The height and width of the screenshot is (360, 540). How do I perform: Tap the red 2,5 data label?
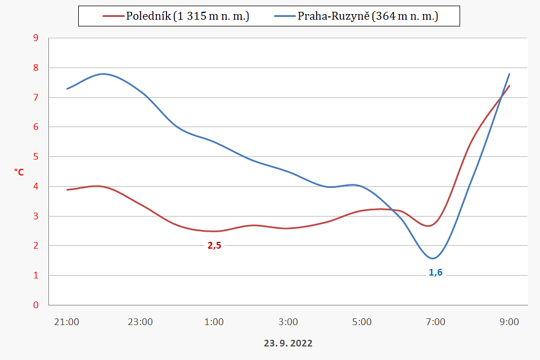click(214, 245)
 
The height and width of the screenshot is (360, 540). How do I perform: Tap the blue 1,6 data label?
click(435, 272)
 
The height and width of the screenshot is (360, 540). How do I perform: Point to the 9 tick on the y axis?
click(36, 38)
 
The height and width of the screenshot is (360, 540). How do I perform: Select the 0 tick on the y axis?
click(36, 305)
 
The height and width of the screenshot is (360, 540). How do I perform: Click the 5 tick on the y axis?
click(36, 157)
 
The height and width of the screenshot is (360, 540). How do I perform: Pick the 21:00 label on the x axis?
click(66, 322)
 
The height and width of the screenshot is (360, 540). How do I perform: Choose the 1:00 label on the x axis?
click(214, 322)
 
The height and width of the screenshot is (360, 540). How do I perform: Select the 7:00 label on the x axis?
click(435, 322)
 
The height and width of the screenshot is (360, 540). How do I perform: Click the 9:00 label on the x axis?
click(509, 322)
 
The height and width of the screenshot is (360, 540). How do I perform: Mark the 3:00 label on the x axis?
click(288, 322)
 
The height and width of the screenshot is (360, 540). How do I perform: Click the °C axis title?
click(19, 172)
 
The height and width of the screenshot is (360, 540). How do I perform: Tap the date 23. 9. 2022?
click(288, 343)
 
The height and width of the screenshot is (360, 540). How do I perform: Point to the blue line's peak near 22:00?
click(103, 74)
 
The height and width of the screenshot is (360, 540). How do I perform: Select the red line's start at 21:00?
click(67, 190)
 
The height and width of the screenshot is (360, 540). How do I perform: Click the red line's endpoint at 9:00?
click(509, 86)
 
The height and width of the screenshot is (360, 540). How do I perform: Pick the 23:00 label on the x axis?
click(140, 322)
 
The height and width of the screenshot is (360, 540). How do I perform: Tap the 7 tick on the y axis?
click(36, 97)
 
